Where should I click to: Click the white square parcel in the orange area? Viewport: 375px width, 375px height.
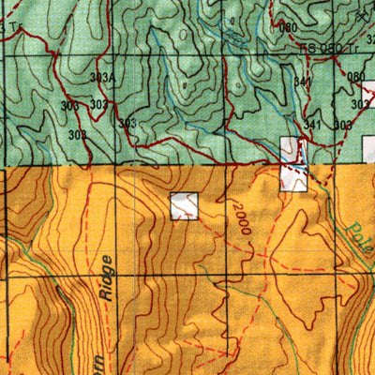click(185, 206)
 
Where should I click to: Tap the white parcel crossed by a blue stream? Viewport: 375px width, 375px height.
click(293, 165)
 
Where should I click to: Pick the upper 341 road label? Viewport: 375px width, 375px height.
click(302, 82)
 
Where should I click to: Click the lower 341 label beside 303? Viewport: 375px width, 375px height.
click(312, 125)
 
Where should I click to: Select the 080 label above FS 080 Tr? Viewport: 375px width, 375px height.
click(289, 27)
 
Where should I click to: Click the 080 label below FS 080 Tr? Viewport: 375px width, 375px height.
click(355, 76)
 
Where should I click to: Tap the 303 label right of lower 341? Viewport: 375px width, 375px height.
click(342, 125)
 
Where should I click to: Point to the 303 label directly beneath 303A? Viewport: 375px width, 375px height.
click(97, 105)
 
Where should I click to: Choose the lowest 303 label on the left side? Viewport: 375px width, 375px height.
click(78, 134)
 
